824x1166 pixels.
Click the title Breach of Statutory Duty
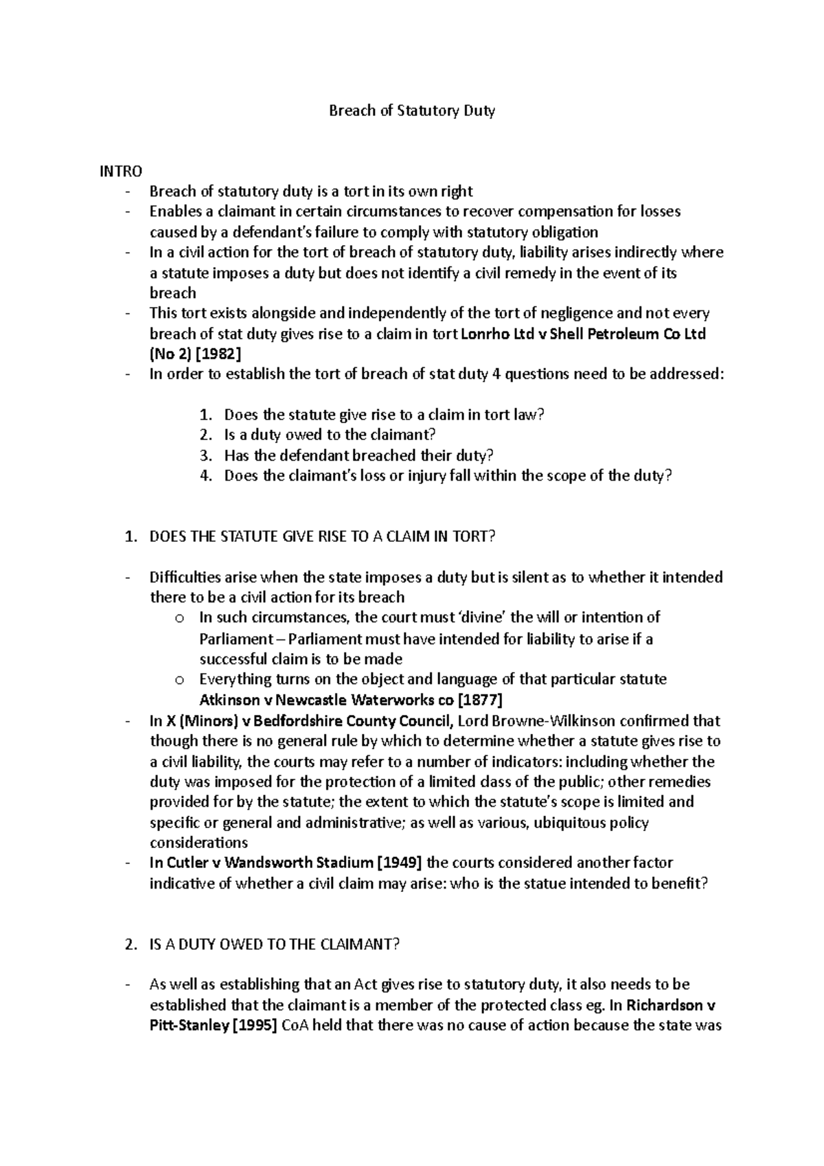(x=411, y=111)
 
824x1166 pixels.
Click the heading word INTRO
(x=121, y=172)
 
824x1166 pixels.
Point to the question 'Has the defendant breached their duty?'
(x=358, y=455)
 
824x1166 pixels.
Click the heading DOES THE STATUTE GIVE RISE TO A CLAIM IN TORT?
(x=321, y=537)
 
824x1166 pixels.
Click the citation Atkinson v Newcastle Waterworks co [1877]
(x=350, y=700)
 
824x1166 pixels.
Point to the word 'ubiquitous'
(x=569, y=823)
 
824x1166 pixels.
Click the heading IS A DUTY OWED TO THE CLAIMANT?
(x=273, y=944)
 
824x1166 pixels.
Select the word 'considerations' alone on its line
(x=198, y=843)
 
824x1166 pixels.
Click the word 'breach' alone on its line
(x=172, y=293)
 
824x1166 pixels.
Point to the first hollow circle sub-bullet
(x=180, y=619)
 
